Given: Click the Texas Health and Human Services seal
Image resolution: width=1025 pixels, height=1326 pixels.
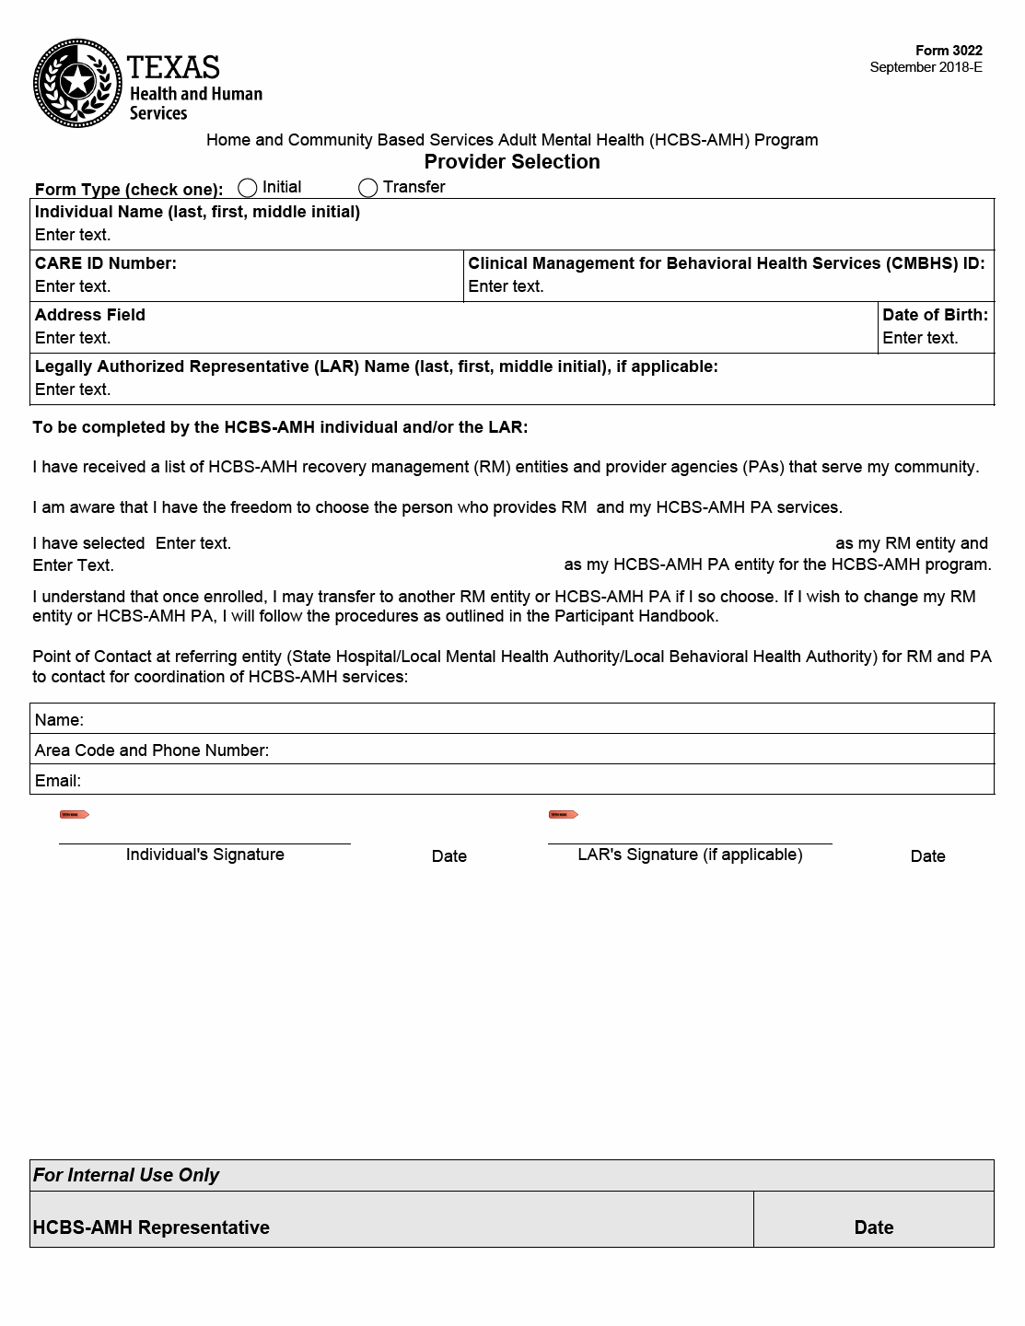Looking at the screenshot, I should [77, 83].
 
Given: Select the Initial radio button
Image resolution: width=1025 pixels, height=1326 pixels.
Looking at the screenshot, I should [247, 188].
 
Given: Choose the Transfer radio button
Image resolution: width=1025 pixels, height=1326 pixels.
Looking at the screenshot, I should [368, 188].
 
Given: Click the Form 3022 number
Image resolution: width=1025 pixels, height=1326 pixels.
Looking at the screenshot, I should [949, 51].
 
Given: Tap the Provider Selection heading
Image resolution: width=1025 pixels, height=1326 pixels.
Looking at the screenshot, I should [512, 162].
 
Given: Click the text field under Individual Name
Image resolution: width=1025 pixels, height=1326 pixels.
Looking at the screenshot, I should [73, 235].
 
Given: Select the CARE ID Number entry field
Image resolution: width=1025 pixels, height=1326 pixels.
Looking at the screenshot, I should [73, 286].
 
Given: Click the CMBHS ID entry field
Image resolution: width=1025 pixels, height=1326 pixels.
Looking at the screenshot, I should [506, 286].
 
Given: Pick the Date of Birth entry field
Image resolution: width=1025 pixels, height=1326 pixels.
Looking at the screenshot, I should [920, 338].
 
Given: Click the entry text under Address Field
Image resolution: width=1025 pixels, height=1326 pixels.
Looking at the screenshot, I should [73, 338].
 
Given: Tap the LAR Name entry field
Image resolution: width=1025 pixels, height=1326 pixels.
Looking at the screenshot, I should [73, 390].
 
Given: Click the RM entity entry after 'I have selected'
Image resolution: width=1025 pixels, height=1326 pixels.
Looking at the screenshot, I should [193, 543].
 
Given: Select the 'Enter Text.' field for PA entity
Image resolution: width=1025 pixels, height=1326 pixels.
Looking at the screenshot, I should [73, 565].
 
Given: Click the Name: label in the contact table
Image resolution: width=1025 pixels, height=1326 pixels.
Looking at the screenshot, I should [59, 720].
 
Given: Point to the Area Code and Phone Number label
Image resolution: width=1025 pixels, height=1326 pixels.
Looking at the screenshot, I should [152, 750].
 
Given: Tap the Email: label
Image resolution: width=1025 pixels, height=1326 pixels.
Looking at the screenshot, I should [58, 781].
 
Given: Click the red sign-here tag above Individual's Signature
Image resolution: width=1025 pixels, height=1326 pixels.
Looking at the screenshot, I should [75, 814].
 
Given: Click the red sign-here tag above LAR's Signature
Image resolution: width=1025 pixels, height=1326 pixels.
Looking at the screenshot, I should [563, 814].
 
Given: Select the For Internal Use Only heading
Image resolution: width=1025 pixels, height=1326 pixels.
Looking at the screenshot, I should [126, 1175].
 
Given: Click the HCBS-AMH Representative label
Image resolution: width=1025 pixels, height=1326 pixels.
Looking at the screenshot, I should [151, 1227].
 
